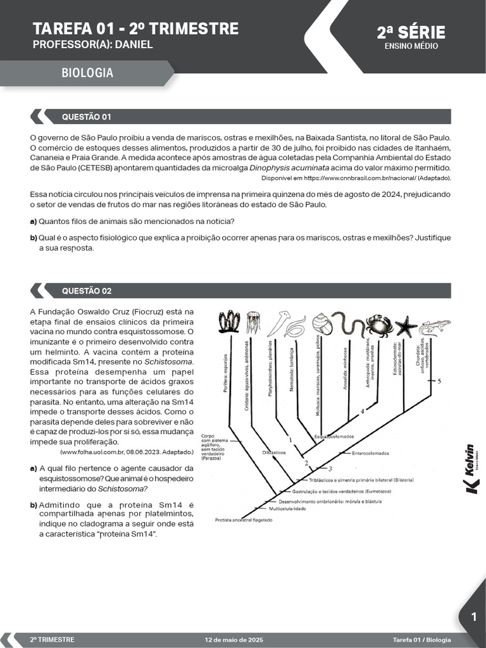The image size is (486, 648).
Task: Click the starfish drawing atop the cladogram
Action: [406, 326]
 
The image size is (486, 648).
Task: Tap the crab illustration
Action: [379, 325]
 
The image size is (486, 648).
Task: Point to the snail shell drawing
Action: [321, 325]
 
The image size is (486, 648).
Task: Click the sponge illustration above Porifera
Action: [228, 322]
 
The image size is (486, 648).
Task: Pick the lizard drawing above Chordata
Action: [435, 326]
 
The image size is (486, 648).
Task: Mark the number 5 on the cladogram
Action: [439, 381]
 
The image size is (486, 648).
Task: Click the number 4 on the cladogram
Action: [362, 411]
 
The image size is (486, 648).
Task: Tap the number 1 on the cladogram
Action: [290, 439]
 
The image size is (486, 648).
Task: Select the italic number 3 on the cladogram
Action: [330, 468]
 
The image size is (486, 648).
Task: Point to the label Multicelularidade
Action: [288, 508]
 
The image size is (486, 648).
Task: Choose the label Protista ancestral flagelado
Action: [244, 520]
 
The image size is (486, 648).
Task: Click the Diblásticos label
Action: [274, 453]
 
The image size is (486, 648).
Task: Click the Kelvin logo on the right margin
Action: [471, 468]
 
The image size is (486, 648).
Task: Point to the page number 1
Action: [473, 618]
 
